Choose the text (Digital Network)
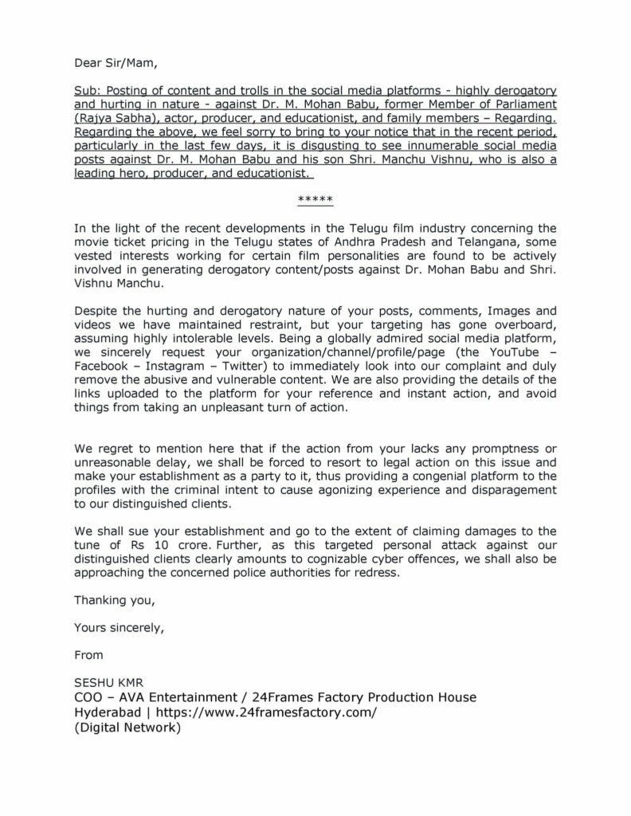tap(128, 727)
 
